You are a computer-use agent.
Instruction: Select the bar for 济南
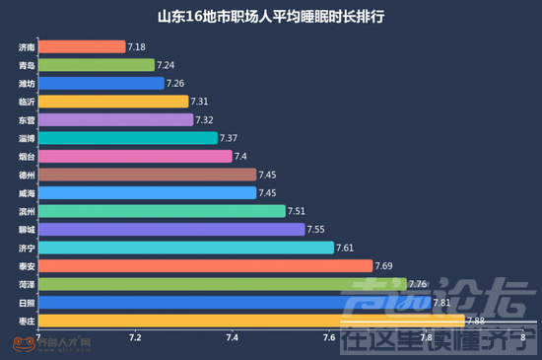[83, 47]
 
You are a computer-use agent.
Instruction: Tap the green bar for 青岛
[98, 65]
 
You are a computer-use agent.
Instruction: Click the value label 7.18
[137, 47]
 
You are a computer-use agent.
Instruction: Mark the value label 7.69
[385, 265]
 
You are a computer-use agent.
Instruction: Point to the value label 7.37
[229, 138]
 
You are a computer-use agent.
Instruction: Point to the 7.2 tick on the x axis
[135, 338]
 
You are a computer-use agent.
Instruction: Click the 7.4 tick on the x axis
[233, 338]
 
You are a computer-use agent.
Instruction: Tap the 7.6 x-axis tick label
[329, 338]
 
